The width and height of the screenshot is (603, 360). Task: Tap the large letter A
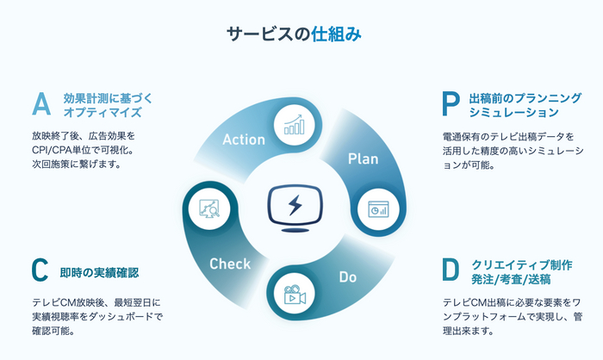point(41,104)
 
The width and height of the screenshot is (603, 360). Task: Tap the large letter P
point(451,104)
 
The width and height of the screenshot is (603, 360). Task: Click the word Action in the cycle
point(243,140)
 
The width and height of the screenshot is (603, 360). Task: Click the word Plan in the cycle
point(363,158)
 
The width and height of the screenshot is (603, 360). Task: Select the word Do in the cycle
point(347,278)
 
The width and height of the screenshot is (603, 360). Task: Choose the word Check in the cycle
point(230,264)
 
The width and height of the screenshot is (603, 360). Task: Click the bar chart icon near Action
point(295,126)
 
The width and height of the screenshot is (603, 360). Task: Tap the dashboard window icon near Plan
point(376,208)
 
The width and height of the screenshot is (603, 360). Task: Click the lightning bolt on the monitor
point(295,205)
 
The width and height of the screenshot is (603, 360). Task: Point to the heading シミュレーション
point(514,113)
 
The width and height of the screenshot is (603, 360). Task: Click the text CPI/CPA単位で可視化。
point(78,150)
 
